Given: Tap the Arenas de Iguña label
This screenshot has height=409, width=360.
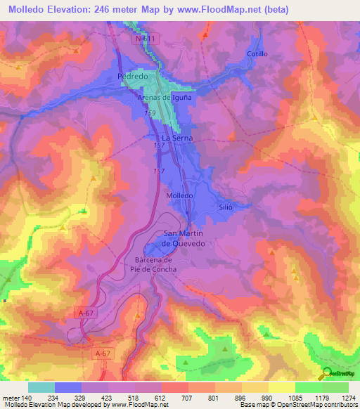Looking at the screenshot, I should click(x=164, y=98).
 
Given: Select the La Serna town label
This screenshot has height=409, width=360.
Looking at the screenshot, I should click(x=177, y=139).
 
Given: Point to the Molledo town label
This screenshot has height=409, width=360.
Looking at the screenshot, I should click(x=179, y=195).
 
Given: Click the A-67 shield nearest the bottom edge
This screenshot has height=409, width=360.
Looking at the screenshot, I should click(x=103, y=353).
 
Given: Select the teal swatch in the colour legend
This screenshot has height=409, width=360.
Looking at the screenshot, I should click(x=41, y=387).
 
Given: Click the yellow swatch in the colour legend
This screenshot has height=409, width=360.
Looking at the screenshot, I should click(x=281, y=387).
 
